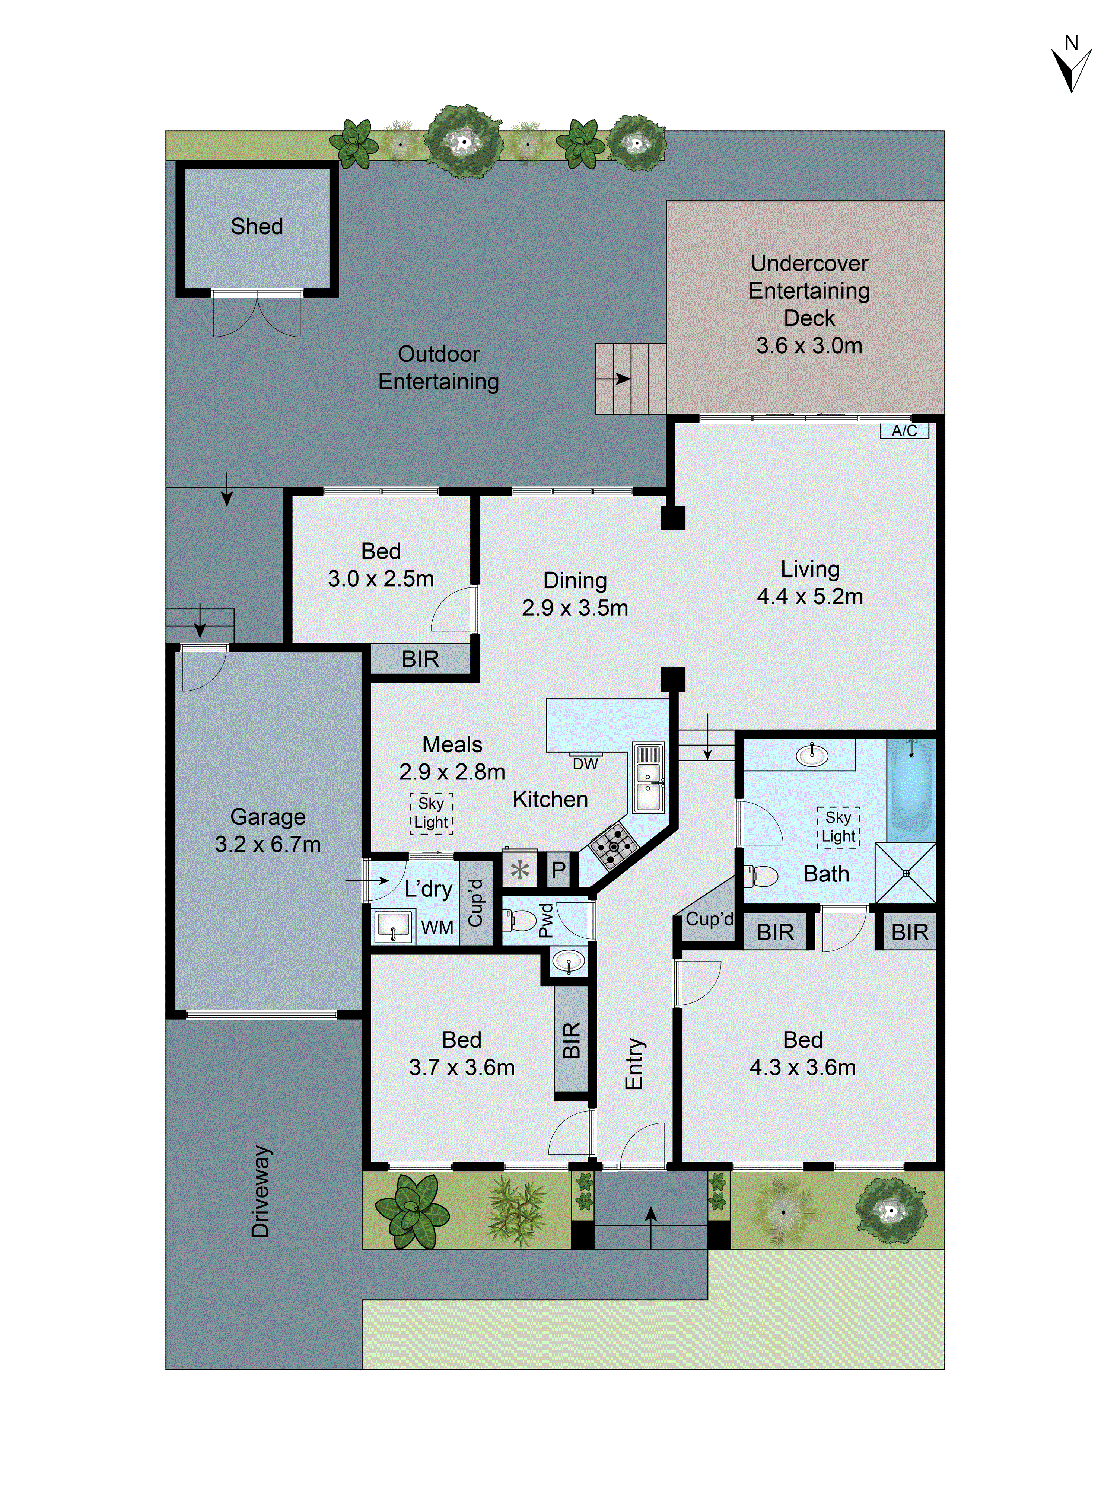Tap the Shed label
(x=257, y=226)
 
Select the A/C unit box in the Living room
(x=904, y=431)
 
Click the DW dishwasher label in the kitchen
(x=585, y=764)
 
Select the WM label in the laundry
(x=437, y=928)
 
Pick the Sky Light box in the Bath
(x=838, y=827)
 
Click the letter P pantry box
(x=558, y=870)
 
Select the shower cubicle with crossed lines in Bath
(x=905, y=873)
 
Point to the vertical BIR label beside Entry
(x=571, y=1040)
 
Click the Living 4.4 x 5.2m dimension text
(x=809, y=596)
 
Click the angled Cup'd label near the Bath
(x=709, y=919)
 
